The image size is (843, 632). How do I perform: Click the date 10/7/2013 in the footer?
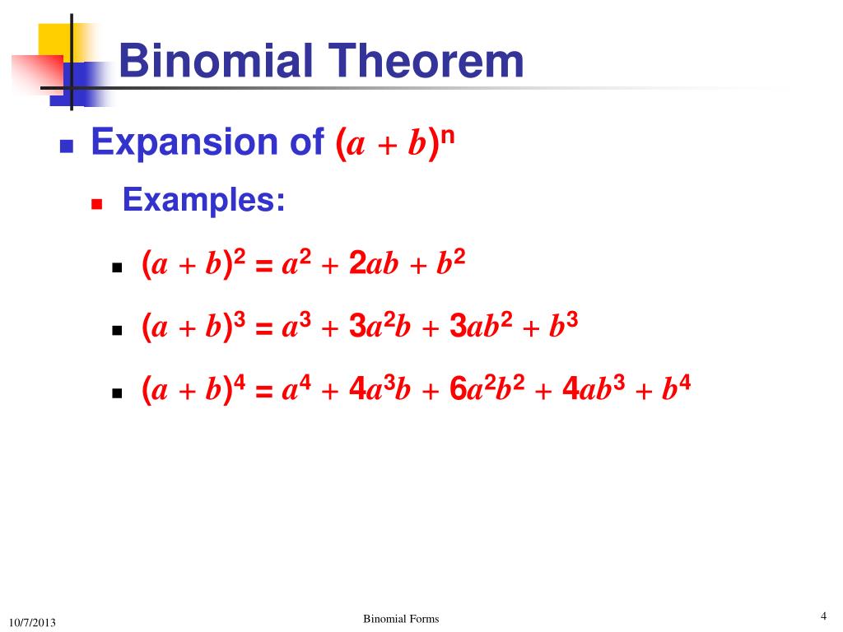pyautogui.click(x=33, y=622)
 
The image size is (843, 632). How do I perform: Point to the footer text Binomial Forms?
pyautogui.click(x=401, y=619)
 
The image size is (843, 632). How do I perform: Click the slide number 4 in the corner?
pyautogui.click(x=822, y=616)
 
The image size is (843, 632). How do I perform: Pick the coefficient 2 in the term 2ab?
pyautogui.click(x=357, y=264)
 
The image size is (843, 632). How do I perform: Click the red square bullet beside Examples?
pyautogui.click(x=97, y=204)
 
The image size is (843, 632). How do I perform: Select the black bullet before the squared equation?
pyautogui.click(x=117, y=268)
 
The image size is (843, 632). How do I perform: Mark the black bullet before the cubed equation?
pyautogui.click(x=117, y=331)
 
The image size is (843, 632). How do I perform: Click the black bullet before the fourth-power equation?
pyautogui.click(x=117, y=393)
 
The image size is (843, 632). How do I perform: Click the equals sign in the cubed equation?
pyautogui.click(x=263, y=329)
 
